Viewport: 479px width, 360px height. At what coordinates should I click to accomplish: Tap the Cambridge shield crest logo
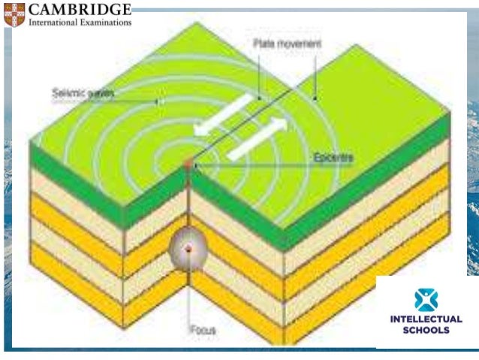point(14,14)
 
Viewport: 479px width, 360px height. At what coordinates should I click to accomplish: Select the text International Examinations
point(80,23)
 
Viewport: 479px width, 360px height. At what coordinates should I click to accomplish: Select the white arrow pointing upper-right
point(255,138)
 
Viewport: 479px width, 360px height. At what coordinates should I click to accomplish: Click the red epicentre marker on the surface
point(188,163)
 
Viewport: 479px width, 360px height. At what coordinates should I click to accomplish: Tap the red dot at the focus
point(190,248)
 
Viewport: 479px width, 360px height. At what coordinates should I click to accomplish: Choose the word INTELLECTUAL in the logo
point(426,319)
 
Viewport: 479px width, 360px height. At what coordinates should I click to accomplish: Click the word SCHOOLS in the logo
point(426,329)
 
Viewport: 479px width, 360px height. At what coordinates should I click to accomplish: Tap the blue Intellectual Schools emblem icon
point(426,300)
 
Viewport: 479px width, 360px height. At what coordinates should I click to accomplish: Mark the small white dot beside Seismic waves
point(158,100)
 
